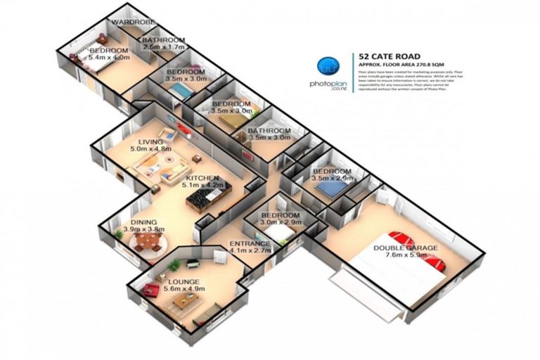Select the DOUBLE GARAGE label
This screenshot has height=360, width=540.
pos(406,248)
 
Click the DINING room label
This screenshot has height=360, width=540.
pos(145,220)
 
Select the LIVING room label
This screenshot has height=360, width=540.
pos(151,141)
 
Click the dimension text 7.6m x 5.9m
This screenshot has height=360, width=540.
pos(405,257)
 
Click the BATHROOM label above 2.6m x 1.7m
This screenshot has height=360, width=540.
pos(164,40)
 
